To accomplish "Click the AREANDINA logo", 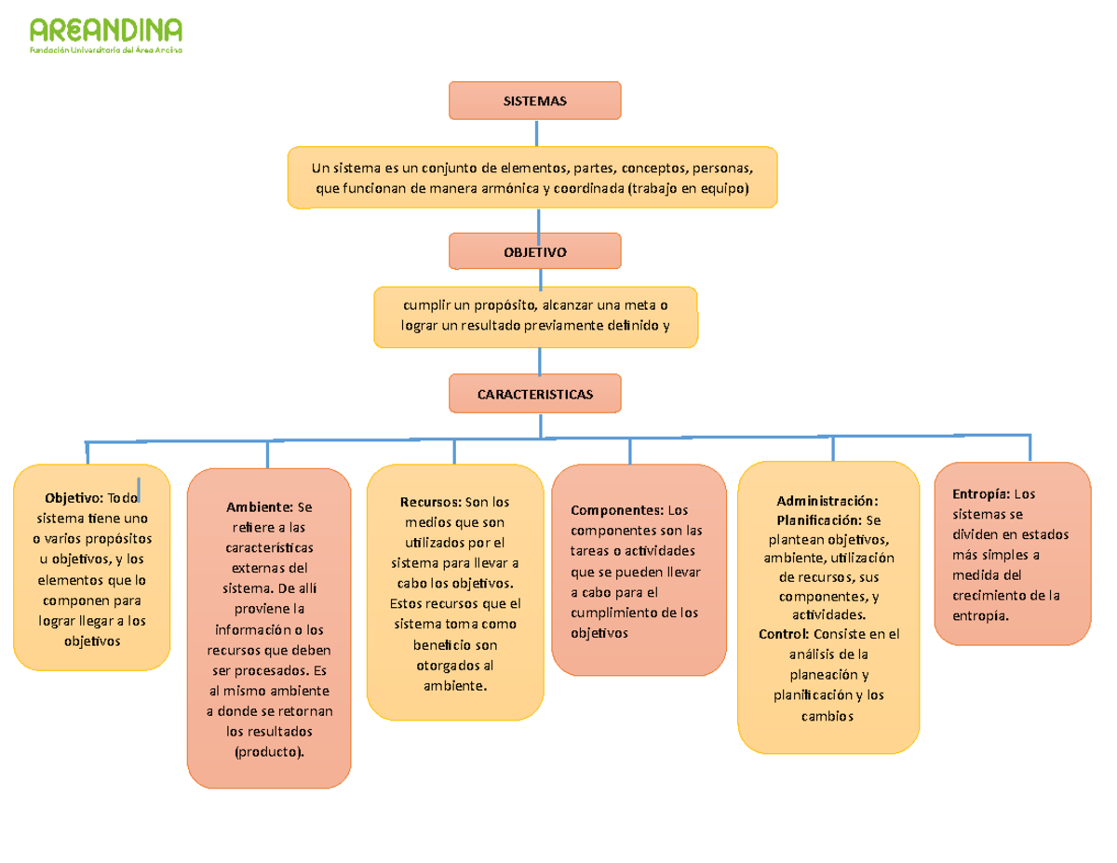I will click(x=105, y=35).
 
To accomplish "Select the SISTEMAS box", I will click(x=534, y=101).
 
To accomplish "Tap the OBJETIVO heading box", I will click(x=534, y=251).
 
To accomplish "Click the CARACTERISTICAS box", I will click(x=534, y=394).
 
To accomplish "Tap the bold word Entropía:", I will click(x=981, y=493).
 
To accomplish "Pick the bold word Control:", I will click(x=784, y=634).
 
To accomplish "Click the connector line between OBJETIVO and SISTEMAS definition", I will click(x=540, y=221).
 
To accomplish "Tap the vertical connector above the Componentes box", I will click(x=630, y=451).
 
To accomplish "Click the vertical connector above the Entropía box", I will click(x=1030, y=446).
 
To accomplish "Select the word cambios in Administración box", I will click(x=827, y=716).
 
